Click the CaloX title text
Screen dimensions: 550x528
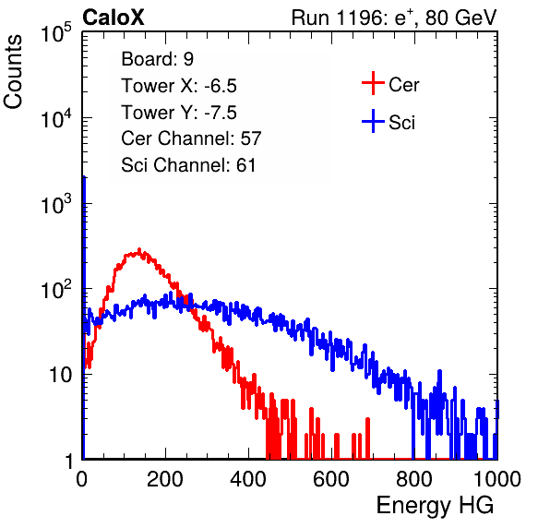tap(113, 18)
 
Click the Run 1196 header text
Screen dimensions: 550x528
tap(394, 18)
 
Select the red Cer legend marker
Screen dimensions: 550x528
tap(373, 83)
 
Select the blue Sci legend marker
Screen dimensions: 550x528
tap(373, 122)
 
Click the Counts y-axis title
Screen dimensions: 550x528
tap(13, 72)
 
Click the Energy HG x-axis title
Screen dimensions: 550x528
tap(435, 506)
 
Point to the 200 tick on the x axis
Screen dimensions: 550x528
tap(165, 479)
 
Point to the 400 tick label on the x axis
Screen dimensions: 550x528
tap(248, 479)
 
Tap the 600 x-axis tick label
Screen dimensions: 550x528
tap(331, 479)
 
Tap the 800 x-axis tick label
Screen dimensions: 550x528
tap(414, 479)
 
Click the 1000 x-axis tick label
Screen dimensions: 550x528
tap(497, 479)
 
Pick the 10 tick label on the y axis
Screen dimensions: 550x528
tap(60, 376)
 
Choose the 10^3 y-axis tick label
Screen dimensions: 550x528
tap(56, 203)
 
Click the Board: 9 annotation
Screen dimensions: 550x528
tap(158, 59)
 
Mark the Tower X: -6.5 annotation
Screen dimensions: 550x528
tap(179, 86)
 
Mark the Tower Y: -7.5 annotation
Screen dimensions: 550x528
tap(179, 113)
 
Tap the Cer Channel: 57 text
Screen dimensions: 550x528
tap(192, 138)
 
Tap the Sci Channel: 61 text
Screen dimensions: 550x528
tap(188, 165)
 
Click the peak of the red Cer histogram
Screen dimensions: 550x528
tap(139, 250)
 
